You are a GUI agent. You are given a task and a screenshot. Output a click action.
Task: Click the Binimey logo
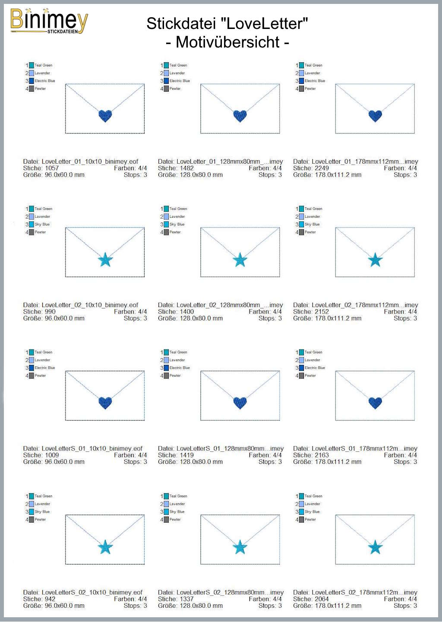coord(49,21)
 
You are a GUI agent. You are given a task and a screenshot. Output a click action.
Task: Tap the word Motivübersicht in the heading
coord(228,42)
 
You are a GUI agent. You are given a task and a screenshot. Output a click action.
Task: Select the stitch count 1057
coord(52,168)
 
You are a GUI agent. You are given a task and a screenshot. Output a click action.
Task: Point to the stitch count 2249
coord(322,168)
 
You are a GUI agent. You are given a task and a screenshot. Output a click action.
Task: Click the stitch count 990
coord(50,311)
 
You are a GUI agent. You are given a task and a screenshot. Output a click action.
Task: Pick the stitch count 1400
coord(187,311)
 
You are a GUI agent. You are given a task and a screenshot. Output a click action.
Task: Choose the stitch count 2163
coord(322,455)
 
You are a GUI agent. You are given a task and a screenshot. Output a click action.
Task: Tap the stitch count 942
coord(50,599)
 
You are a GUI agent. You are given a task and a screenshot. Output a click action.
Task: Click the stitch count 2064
coord(322,599)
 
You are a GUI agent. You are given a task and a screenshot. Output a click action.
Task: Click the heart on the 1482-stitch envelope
coord(240,116)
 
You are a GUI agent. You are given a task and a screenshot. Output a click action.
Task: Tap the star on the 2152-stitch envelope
coord(375,260)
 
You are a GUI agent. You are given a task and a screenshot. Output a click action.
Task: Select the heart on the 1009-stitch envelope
coord(105,403)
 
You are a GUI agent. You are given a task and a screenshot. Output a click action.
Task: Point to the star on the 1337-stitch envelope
coord(240,547)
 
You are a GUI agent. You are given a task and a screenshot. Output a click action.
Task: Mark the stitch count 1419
coord(187,455)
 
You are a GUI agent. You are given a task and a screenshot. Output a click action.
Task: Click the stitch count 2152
coord(322,311)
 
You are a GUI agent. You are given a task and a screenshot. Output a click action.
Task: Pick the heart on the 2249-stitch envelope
coord(375,116)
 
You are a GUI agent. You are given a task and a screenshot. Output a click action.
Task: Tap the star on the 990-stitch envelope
coord(105,260)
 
